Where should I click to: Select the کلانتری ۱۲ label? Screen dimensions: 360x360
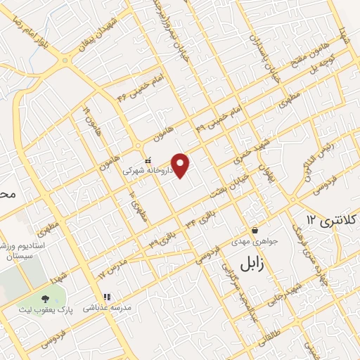pyautogui.click(x=330, y=222)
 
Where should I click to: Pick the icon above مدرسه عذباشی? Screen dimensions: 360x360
pyautogui.click(x=108, y=297)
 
